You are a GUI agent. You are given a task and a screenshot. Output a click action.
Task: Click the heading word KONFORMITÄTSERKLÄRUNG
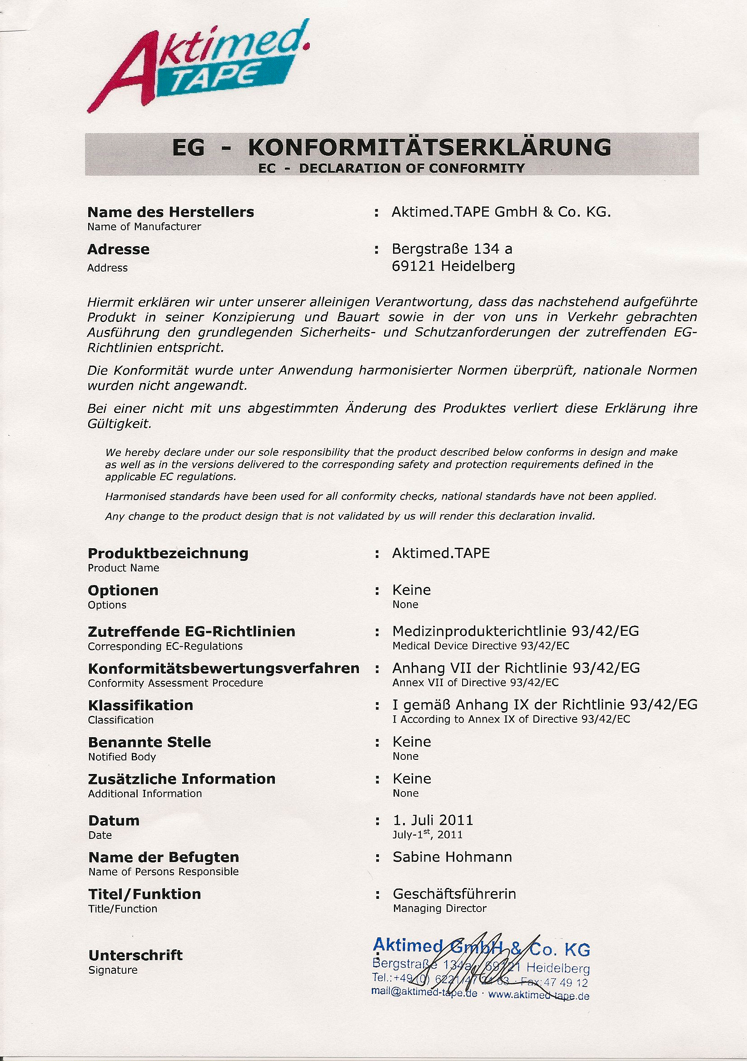click(x=429, y=148)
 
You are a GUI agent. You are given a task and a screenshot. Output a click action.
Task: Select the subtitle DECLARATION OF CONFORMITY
click(x=411, y=168)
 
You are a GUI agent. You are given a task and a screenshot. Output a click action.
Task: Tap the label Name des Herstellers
click(x=170, y=212)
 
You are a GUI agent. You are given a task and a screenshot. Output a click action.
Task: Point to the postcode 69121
click(x=413, y=267)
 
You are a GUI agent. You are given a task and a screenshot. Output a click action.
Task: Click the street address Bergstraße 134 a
click(x=452, y=249)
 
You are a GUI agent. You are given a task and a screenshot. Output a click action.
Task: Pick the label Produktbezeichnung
click(x=168, y=553)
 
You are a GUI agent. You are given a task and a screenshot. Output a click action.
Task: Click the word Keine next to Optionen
click(x=411, y=590)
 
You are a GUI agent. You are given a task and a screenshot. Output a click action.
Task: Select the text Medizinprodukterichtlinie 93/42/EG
click(x=515, y=631)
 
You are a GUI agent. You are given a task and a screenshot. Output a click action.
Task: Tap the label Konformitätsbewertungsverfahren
click(x=224, y=668)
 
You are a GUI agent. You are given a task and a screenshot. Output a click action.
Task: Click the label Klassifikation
click(x=140, y=705)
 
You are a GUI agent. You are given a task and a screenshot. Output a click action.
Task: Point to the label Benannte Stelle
click(x=149, y=742)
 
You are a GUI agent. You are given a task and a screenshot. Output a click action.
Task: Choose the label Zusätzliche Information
click(x=182, y=779)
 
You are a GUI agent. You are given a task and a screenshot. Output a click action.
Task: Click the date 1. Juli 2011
click(x=433, y=820)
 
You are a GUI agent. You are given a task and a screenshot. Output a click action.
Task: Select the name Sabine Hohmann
click(x=452, y=857)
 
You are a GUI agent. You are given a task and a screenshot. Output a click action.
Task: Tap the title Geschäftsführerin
click(x=454, y=894)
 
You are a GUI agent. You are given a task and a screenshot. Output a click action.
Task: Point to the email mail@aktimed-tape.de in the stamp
click(x=424, y=993)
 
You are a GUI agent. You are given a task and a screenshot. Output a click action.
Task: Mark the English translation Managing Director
click(x=439, y=908)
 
